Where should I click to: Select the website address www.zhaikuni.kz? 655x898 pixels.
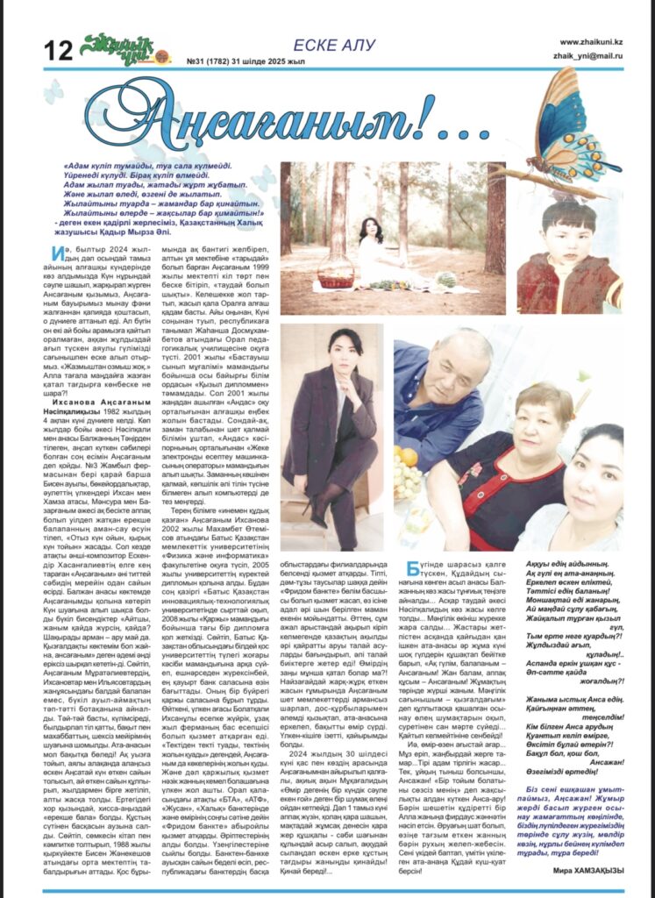591,40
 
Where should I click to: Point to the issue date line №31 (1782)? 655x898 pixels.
241,60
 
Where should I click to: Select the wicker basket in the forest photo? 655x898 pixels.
335,279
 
